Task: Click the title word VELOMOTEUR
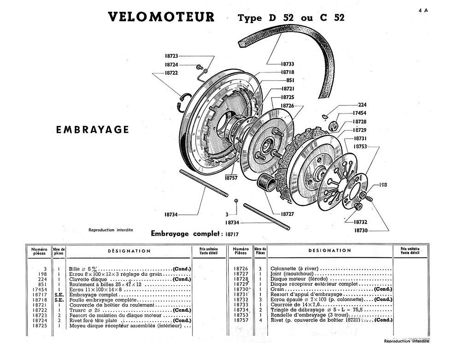click(161, 17)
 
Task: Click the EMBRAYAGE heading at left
click(92, 130)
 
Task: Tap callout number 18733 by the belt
click(287, 64)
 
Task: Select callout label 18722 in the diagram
click(171, 73)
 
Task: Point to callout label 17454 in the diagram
click(359, 113)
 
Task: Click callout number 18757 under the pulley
click(231, 178)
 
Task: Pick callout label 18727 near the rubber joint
click(287, 214)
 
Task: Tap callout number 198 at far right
click(383, 185)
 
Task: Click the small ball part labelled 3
click(236, 200)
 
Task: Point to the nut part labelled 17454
click(333, 126)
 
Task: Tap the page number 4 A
click(423, 10)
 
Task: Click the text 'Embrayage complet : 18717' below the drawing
click(195, 234)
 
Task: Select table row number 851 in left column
click(43, 284)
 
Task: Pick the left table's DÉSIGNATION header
click(129, 251)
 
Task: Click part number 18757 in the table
click(241, 320)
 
